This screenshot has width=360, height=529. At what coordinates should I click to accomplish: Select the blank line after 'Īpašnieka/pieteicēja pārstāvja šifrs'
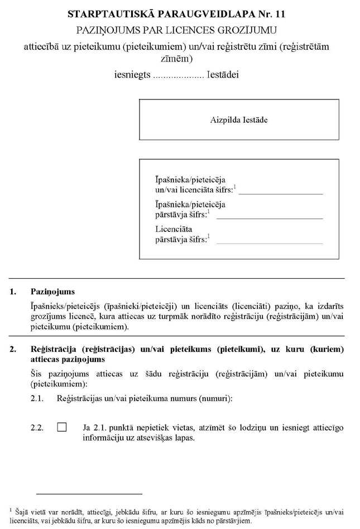(x=269, y=216)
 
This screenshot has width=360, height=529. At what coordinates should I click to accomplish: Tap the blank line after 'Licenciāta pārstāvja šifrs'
(x=269, y=241)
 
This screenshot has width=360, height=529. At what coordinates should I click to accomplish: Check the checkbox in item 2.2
(x=61, y=427)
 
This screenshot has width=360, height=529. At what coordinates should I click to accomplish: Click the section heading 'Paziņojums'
(x=52, y=292)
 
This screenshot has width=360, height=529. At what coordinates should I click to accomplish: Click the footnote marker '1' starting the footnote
(x=11, y=509)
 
